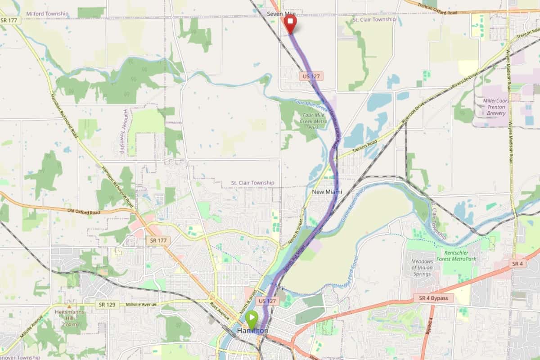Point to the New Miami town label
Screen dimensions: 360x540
point(327,192)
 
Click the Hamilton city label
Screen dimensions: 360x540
point(252,331)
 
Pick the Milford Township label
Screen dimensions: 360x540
point(47,14)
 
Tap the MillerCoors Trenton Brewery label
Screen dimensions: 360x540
point(496,107)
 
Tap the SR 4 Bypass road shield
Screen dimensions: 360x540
point(433,298)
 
